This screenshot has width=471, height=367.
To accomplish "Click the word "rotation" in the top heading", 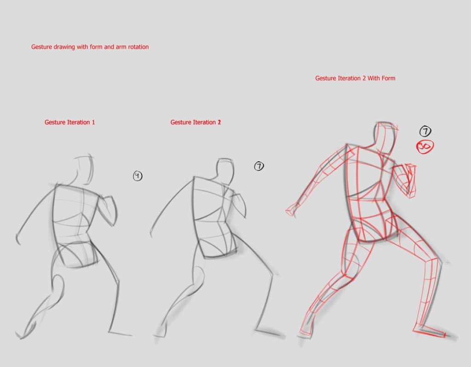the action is [x=138, y=47].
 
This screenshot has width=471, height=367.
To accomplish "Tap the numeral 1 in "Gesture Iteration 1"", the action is [x=93, y=122].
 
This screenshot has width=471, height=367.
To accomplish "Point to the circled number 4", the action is [x=138, y=176].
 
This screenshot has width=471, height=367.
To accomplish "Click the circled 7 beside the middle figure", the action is [x=259, y=166].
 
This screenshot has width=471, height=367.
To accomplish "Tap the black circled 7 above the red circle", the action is [x=425, y=131].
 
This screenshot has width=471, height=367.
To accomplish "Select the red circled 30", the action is [x=425, y=147].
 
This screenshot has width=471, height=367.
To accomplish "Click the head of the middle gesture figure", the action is [x=225, y=171].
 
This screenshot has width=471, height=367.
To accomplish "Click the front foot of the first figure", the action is [x=120, y=333].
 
